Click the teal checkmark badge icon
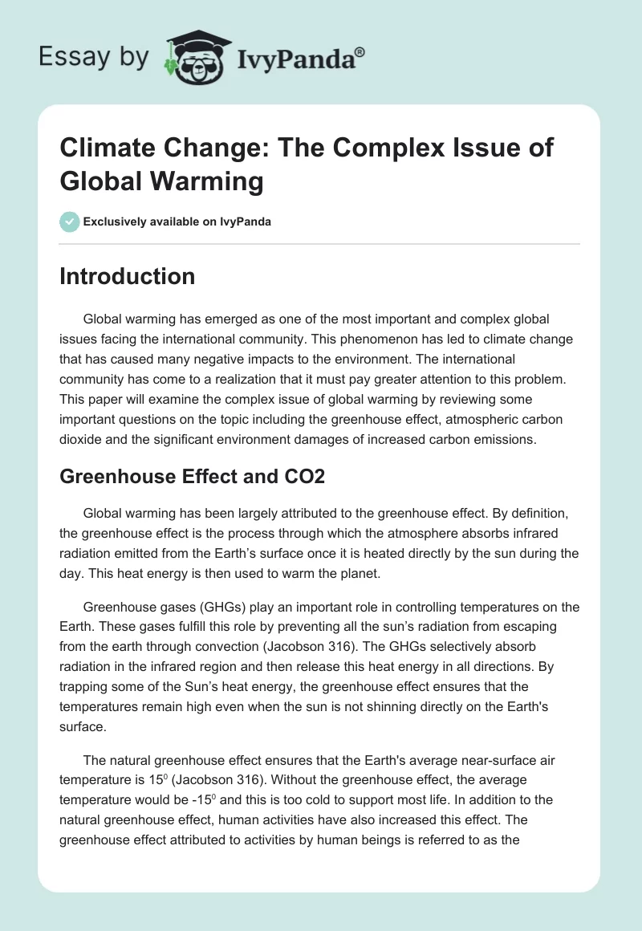click(70, 222)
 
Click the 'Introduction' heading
click(127, 277)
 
